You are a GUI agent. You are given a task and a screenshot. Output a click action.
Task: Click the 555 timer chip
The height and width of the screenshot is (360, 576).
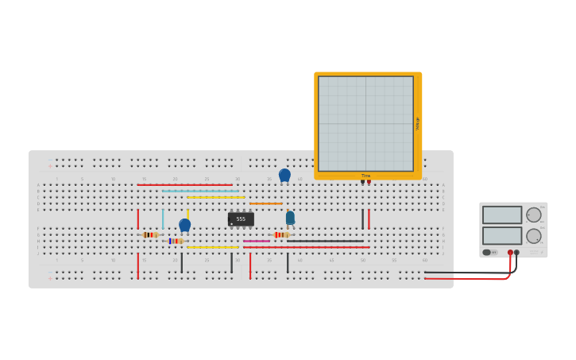tap(241, 219)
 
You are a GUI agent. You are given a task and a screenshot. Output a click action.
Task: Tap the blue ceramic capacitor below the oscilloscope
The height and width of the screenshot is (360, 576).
tap(284, 175)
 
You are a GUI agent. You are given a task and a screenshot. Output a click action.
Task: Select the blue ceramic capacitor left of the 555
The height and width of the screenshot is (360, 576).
tap(184, 225)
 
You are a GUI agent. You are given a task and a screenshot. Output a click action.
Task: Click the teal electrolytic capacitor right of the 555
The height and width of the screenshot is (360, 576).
tap(290, 217)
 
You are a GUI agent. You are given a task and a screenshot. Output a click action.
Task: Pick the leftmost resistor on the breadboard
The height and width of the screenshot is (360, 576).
tap(150, 234)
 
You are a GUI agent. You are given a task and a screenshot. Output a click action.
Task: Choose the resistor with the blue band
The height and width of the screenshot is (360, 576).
tap(175, 241)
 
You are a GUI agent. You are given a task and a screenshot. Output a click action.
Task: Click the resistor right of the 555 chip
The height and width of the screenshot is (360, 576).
tap(280, 234)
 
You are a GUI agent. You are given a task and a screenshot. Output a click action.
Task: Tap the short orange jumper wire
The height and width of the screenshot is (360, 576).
tap(265, 203)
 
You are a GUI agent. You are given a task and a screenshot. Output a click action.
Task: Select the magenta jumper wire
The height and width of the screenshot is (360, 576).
tap(257, 241)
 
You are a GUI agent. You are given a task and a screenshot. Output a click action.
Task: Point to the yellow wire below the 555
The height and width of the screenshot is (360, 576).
tap(212, 247)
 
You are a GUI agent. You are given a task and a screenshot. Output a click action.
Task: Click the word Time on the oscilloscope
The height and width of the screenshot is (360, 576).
tap(365, 176)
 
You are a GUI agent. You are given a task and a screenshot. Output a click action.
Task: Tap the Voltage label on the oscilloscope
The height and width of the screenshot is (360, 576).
tap(417, 123)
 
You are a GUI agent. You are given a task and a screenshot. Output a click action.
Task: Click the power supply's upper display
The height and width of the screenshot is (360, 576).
tap(502, 215)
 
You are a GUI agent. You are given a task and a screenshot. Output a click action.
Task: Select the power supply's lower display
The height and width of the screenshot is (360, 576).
tap(502, 236)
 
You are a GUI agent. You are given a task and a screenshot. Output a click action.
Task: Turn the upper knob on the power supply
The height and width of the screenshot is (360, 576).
tap(534, 215)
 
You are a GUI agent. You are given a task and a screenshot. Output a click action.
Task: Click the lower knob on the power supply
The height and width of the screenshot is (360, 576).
tap(534, 236)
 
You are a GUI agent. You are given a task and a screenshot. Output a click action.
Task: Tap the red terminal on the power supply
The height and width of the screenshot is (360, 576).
tap(510, 252)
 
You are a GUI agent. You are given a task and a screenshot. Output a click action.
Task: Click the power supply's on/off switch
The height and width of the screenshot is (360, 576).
tap(487, 252)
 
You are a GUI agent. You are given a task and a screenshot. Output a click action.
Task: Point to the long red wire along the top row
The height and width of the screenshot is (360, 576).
tap(184, 184)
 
